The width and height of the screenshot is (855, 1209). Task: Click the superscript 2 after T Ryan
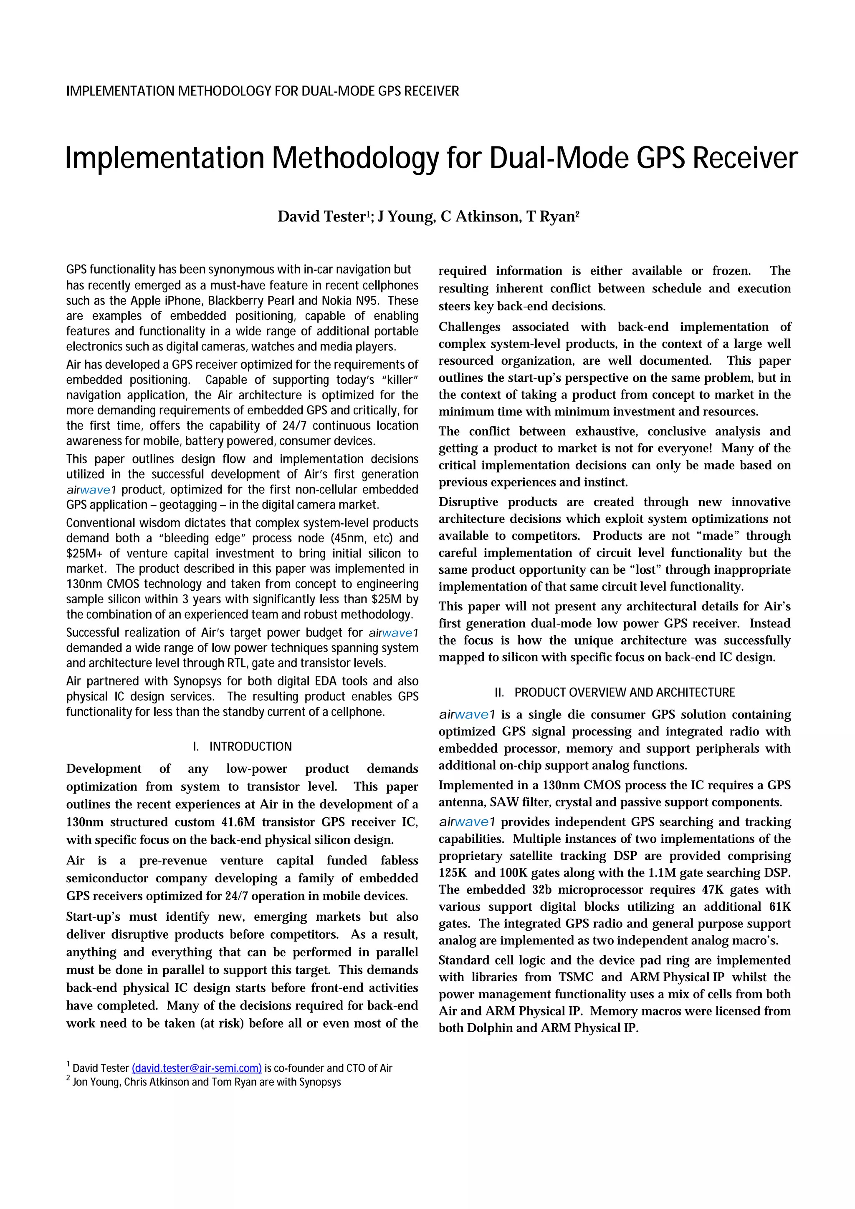(x=577, y=213)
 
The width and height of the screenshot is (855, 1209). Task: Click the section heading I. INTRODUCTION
(x=242, y=747)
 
